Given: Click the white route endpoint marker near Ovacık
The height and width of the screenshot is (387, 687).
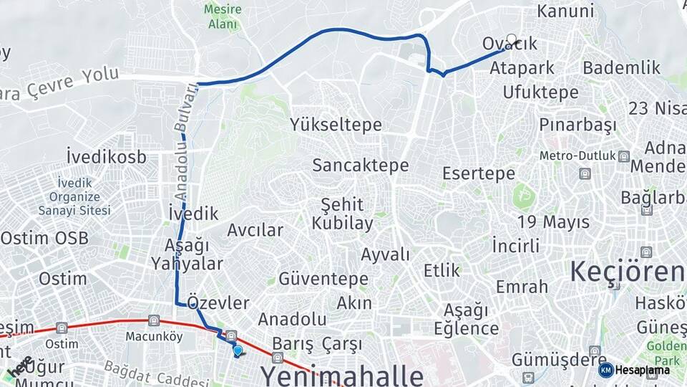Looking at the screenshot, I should (511, 40).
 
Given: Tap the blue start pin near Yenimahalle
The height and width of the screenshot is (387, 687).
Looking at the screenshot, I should (238, 350).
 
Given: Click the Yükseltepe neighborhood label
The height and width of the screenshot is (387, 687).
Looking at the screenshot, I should (336, 125).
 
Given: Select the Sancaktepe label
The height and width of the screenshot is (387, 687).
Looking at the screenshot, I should (360, 166).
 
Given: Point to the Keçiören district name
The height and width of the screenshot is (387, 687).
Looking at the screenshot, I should (627, 272).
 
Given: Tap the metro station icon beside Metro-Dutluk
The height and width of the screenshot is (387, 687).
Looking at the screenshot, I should (624, 156).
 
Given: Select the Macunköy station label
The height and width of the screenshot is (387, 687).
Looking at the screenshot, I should (154, 336).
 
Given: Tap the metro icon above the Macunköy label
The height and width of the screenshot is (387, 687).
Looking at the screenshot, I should (153, 320).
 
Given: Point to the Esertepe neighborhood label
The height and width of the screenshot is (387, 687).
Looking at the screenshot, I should (479, 173).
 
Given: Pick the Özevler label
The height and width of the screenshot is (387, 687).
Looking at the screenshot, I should (218, 302).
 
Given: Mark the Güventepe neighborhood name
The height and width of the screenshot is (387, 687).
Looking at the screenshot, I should (323, 279).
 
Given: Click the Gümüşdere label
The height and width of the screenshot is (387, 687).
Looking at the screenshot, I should (549, 358).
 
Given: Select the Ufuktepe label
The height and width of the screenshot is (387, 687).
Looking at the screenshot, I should (540, 92).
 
